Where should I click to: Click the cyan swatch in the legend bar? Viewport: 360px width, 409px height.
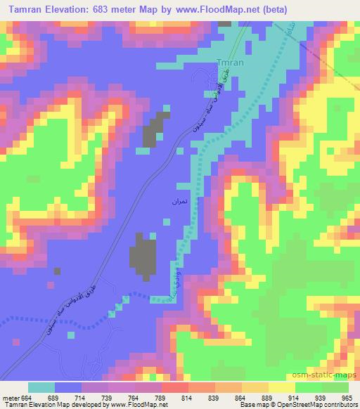[x=41, y=387]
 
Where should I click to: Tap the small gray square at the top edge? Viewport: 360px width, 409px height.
[x=224, y=23]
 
